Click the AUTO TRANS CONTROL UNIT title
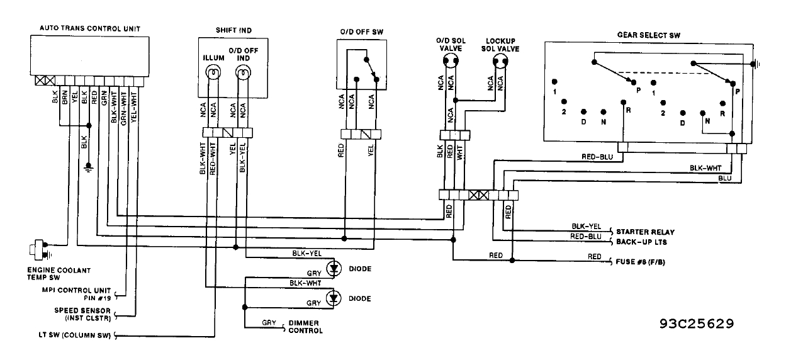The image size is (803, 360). click(x=90, y=28)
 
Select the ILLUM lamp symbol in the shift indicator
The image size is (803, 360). click(x=213, y=75)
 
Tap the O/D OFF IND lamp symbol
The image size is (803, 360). click(x=242, y=75)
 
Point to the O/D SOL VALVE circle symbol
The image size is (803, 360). click(x=450, y=61)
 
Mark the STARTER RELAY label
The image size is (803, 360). click(x=645, y=232)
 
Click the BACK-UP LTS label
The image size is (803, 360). click(x=641, y=242)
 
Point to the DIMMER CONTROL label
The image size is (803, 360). click(x=305, y=327)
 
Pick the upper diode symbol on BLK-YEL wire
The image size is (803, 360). click(x=337, y=267)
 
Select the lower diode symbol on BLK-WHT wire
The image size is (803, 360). click(x=337, y=297)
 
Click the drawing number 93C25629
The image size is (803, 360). click(x=697, y=323)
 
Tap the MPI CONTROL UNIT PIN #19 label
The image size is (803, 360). click(x=82, y=294)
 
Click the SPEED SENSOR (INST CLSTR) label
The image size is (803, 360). click(x=82, y=314)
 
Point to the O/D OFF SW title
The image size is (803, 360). click(x=360, y=31)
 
